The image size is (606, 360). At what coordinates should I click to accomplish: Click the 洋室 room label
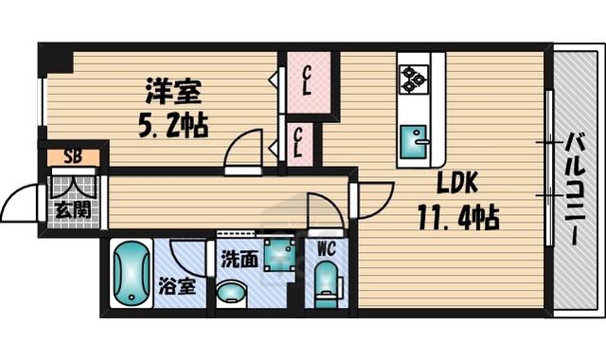tap(173, 91)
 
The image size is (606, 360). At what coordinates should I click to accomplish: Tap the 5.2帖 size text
tap(173, 125)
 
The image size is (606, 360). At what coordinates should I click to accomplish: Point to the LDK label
tap(458, 183)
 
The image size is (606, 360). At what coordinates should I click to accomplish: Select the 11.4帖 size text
tap(458, 218)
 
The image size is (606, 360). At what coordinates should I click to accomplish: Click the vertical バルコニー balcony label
tap(575, 189)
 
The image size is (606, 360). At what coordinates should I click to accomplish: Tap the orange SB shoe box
tap(74, 157)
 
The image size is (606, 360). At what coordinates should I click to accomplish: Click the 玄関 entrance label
tap(73, 210)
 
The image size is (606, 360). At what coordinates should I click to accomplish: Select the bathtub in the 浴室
tap(132, 274)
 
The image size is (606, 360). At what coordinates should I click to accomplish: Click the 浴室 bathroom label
tap(177, 286)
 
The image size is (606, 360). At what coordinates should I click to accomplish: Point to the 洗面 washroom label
tap(240, 260)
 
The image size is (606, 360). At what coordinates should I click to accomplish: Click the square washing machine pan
tap(280, 255)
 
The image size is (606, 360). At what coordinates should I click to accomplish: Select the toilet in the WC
tap(326, 284)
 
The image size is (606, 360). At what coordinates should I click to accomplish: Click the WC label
tap(327, 249)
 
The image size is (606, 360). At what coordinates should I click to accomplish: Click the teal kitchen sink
tap(414, 142)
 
